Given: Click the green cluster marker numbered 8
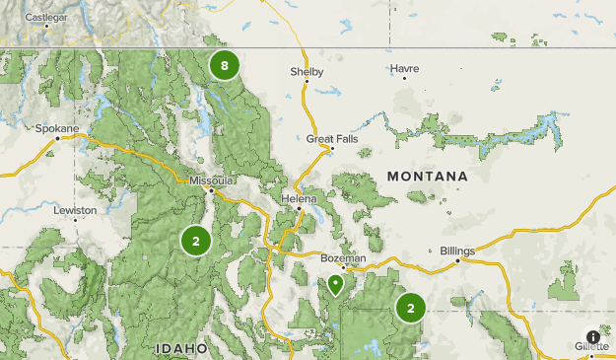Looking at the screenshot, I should pos(225,67).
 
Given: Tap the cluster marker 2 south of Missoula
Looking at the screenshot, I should pos(195,241).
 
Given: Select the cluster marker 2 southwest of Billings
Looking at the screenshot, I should pos(410,308).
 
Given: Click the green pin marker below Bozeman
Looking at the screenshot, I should pos(336,285).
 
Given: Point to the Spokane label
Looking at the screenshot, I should pos(53,128).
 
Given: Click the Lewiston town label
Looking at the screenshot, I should pos(75,210).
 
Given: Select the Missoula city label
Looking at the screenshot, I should pos(212,180).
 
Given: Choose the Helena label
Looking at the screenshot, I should pos(300,198).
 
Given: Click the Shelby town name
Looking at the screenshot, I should pos(306,72).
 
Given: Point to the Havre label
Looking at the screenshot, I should pos(404,69).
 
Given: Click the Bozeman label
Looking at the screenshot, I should pos(343,257).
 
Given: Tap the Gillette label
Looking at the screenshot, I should pos(593,346).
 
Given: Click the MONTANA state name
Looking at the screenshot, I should pos(427,176).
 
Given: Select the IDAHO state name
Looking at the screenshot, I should pos(181,348).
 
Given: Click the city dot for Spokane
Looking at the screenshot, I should pos(58,138).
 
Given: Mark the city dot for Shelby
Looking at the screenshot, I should pos(306,82).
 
